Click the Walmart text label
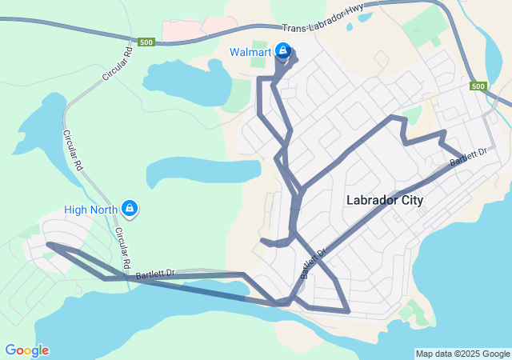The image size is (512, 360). [x=250, y=52]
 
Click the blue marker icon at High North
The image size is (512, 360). [x=129, y=210]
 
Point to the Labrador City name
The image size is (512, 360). [x=385, y=201]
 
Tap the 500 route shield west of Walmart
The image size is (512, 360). [x=146, y=42]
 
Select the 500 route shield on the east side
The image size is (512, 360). [x=478, y=86]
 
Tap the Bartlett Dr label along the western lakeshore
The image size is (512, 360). [x=155, y=274]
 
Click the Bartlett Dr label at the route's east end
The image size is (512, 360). [x=468, y=157]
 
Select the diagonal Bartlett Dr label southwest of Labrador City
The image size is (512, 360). [x=313, y=263]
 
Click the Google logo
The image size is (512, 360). [x=26, y=350]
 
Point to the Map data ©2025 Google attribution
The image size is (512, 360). [x=462, y=354]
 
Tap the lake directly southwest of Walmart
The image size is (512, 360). [x=184, y=80]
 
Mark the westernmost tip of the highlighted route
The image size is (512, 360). [x=48, y=244]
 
